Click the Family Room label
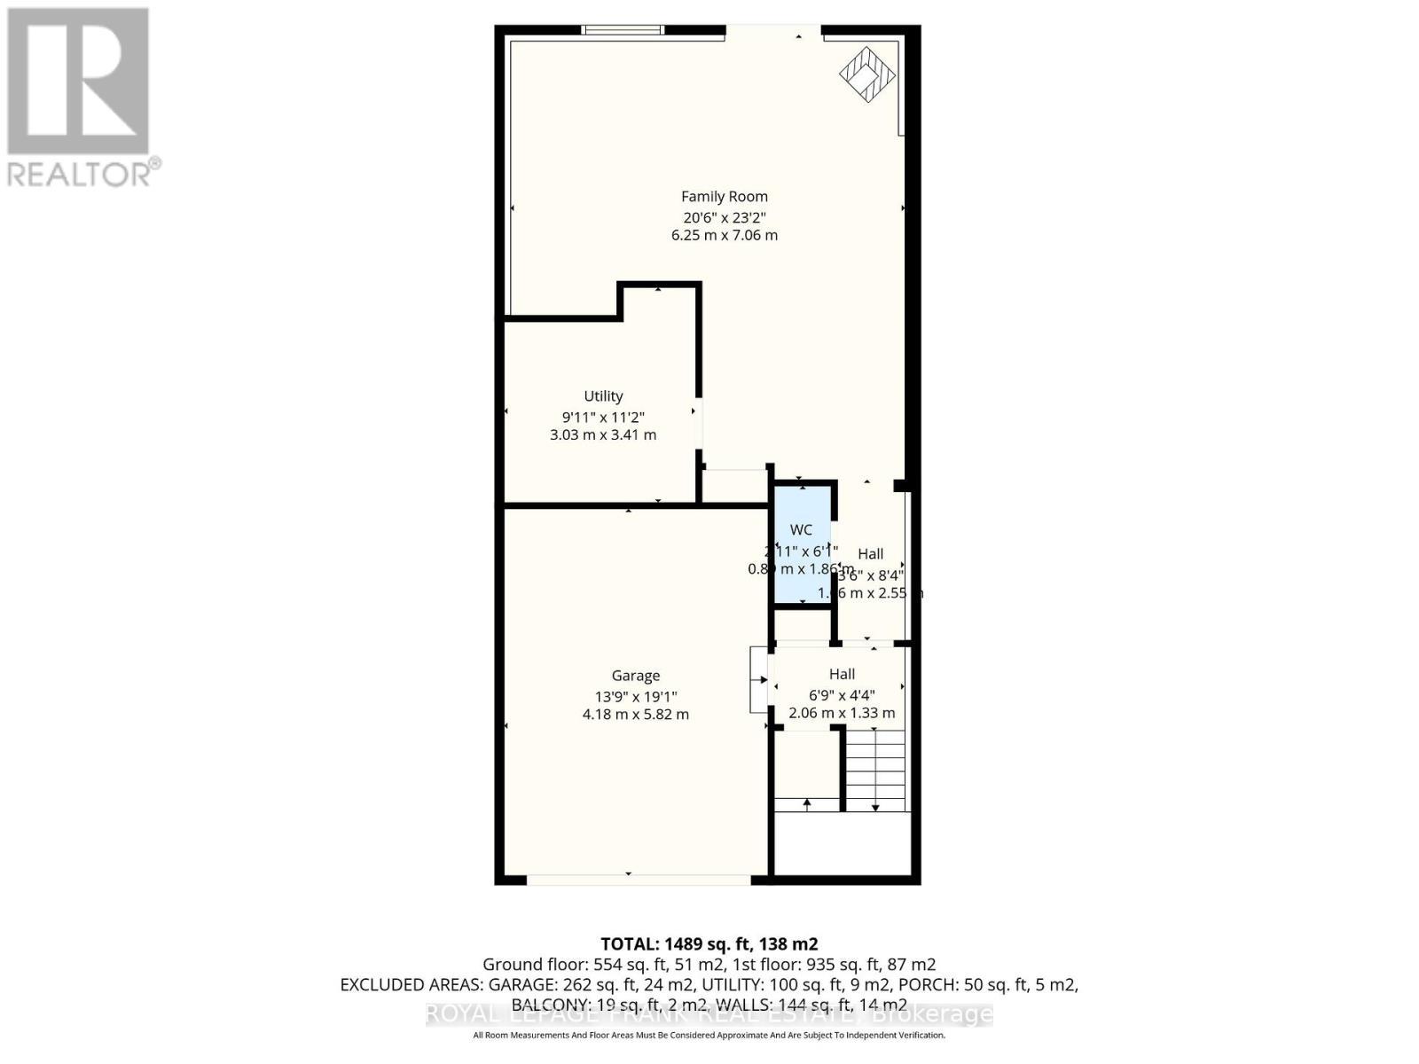[x=724, y=197]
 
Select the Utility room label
[x=603, y=396]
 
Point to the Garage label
[x=635, y=676]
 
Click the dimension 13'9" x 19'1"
[x=635, y=697]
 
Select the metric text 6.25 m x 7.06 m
[x=724, y=236]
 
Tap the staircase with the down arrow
[x=875, y=770]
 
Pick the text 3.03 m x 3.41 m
[x=603, y=435]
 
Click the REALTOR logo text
[x=84, y=174]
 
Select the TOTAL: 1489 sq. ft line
[x=709, y=943]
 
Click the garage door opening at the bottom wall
[x=639, y=880]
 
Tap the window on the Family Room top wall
[x=623, y=29]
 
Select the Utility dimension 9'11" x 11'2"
[x=603, y=417]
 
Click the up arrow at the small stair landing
[x=807, y=803]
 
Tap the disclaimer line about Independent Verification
[x=709, y=1035]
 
